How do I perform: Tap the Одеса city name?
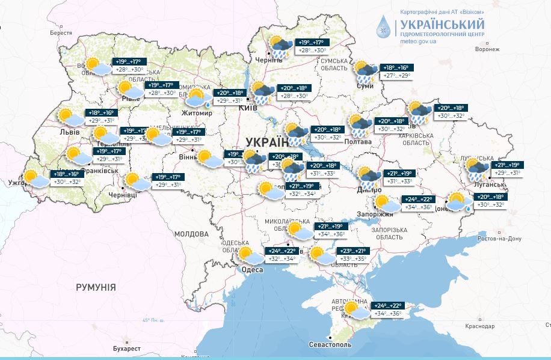(252, 270)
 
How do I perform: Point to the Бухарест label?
(128, 349)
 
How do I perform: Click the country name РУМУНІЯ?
(96, 287)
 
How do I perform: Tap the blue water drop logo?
(383, 26)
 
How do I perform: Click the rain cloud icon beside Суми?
(365, 72)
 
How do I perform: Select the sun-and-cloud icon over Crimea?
(356, 311)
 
